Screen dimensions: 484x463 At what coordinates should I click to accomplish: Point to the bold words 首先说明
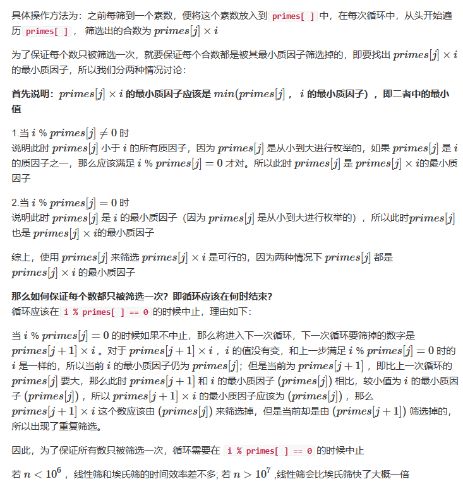(x=32, y=94)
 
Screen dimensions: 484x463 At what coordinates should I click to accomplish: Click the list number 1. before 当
(x=16, y=133)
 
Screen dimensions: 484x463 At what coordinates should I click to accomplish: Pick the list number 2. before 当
(x=16, y=203)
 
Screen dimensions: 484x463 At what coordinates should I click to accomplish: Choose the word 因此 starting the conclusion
(x=21, y=451)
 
